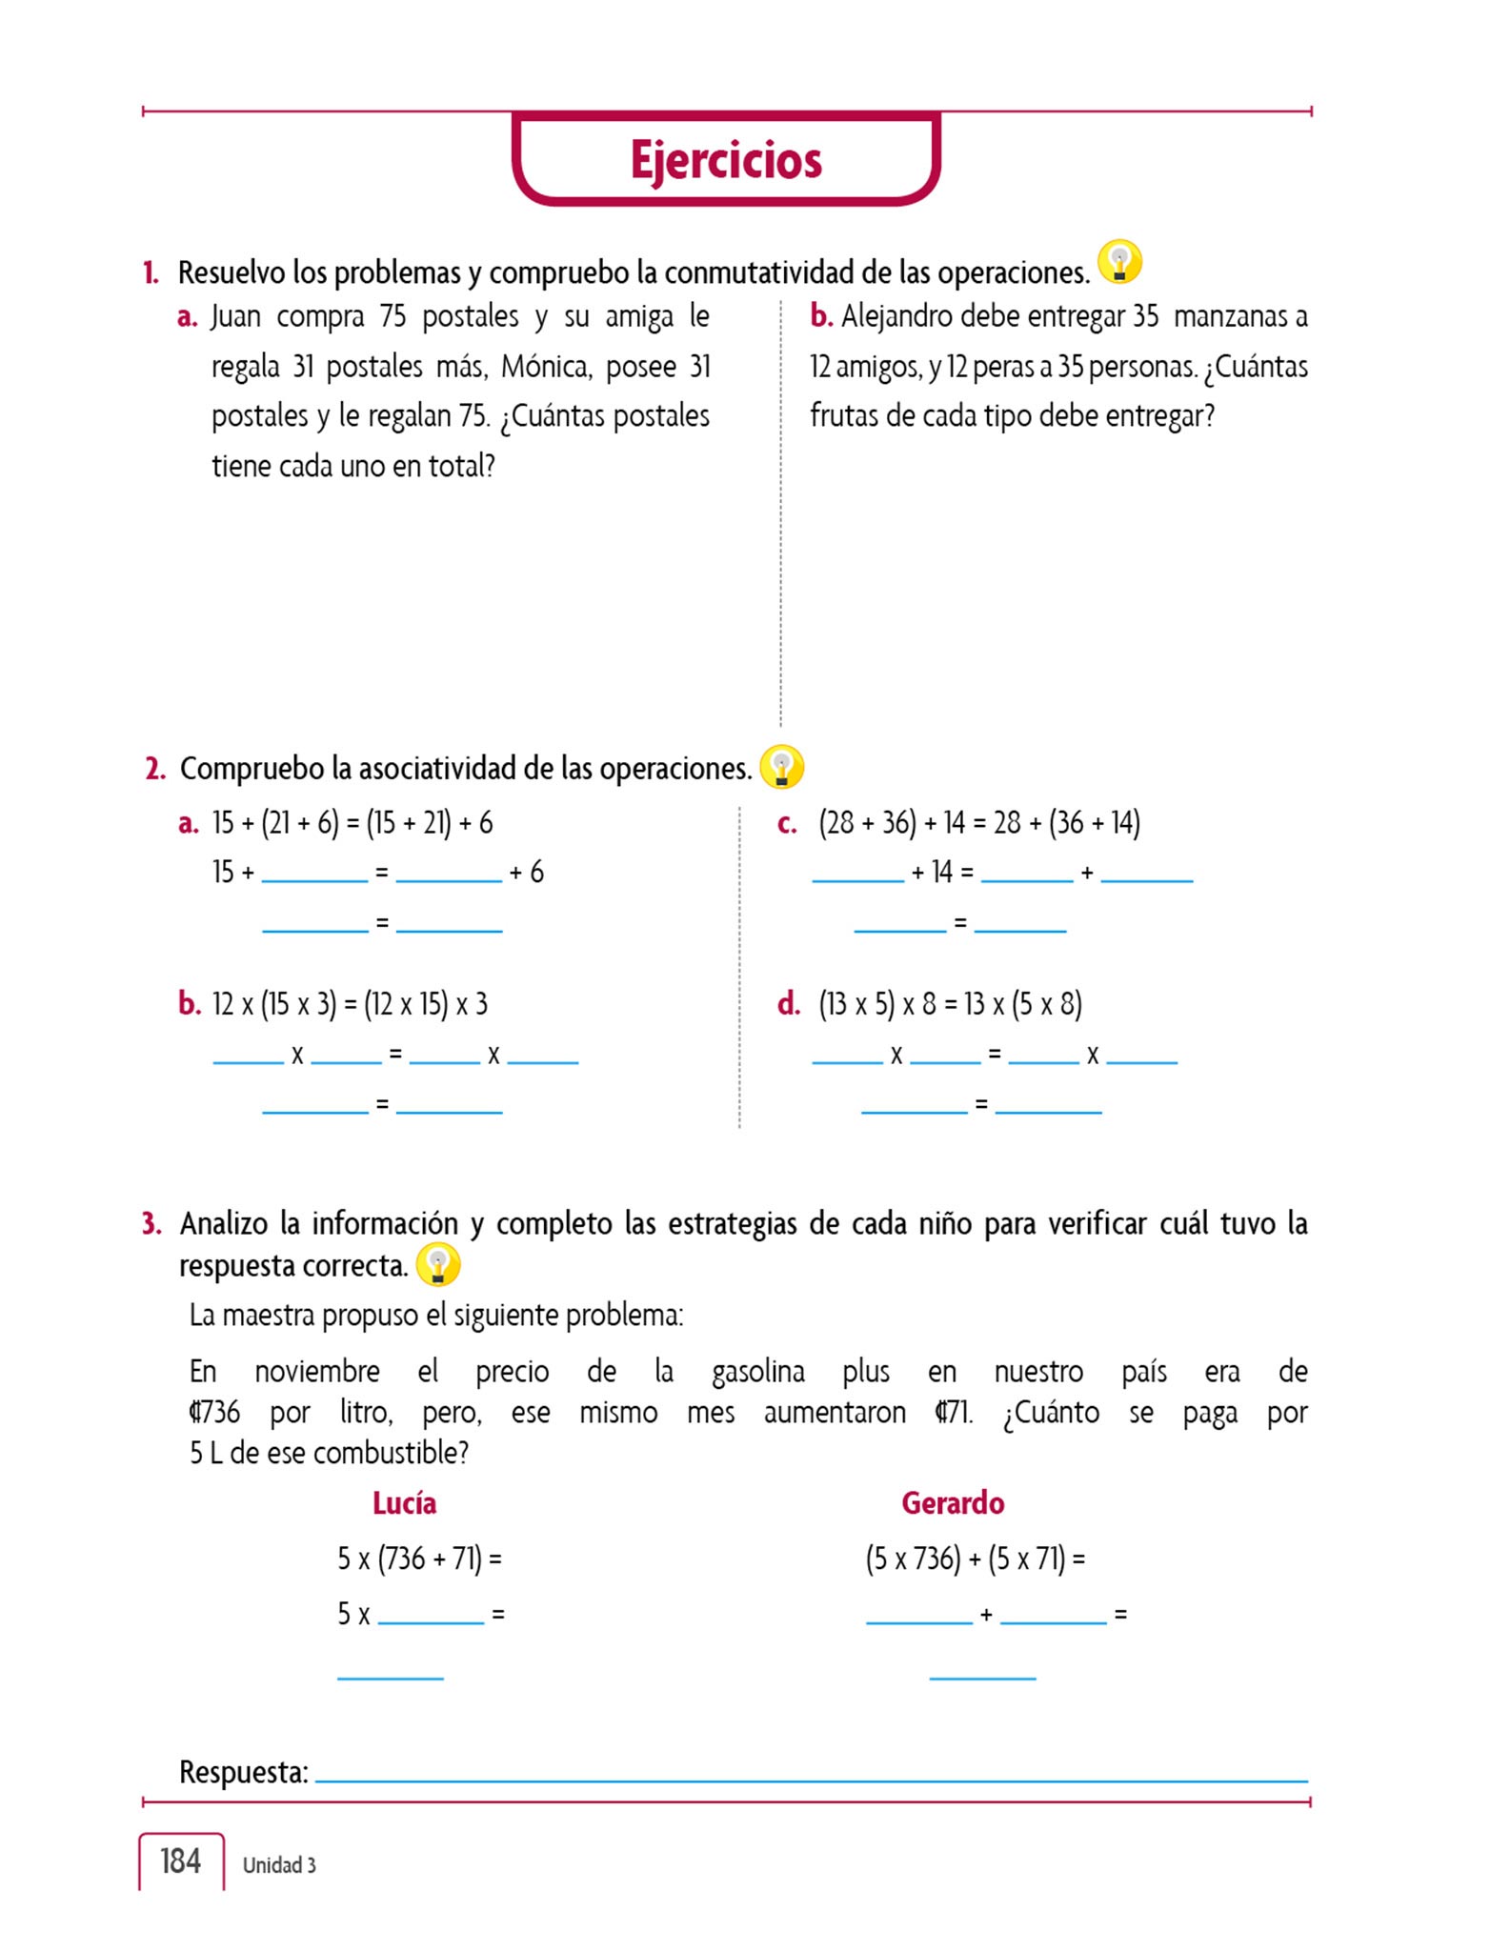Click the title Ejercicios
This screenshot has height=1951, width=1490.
(x=726, y=160)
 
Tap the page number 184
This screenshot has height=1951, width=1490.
(x=180, y=1860)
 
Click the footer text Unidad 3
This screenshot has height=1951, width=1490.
(x=279, y=1864)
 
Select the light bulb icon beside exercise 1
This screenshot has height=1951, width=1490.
(x=1119, y=262)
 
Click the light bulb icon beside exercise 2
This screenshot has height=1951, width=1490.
(x=781, y=767)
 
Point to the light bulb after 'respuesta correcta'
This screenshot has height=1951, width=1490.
(x=438, y=1265)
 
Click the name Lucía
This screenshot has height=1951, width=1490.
(x=404, y=1502)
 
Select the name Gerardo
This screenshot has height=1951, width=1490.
(x=953, y=1502)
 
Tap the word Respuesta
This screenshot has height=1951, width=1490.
(x=244, y=1772)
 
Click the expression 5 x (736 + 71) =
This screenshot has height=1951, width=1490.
(x=419, y=1559)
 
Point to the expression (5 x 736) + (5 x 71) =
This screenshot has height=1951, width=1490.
(x=976, y=1559)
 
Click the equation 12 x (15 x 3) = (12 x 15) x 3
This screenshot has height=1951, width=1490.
(x=350, y=1004)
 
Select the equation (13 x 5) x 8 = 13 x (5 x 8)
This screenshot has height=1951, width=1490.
(x=950, y=1004)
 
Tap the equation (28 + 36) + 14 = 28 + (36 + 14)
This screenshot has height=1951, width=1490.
(x=979, y=822)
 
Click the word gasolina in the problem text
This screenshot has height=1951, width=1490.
(x=757, y=1372)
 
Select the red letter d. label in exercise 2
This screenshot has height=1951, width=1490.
(x=789, y=1003)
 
